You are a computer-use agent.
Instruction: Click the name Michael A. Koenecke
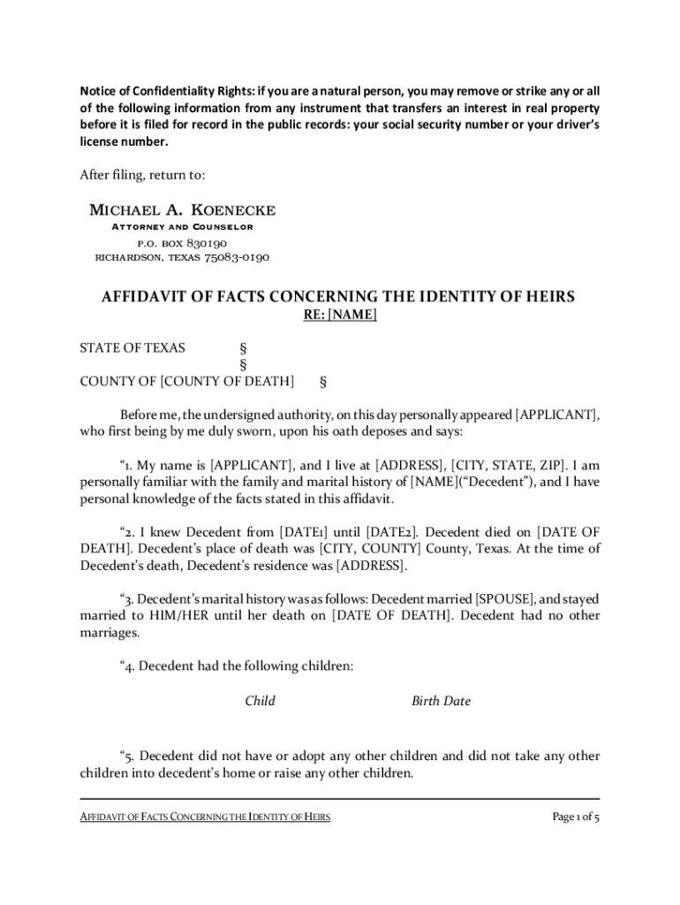[183, 209]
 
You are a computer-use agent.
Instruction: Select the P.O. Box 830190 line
[182, 243]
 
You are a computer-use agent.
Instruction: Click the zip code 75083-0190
[237, 258]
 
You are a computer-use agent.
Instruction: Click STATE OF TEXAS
[132, 347]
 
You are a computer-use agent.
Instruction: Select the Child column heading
[260, 701]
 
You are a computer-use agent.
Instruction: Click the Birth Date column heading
[441, 701]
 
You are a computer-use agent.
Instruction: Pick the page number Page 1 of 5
[576, 817]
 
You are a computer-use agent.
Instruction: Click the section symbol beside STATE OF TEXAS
[244, 347]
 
